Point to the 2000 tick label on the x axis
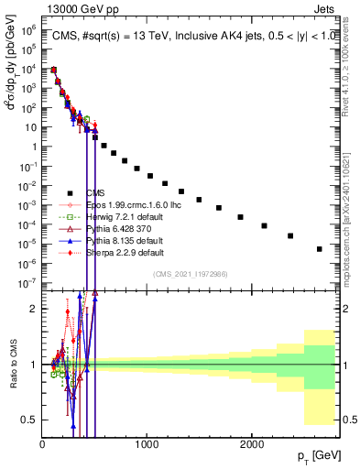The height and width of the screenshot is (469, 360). pos(252,443)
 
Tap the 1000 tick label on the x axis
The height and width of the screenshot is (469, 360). pos(147,443)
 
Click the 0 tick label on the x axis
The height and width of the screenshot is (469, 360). pos(42,443)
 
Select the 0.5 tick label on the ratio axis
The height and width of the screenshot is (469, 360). pos(30,420)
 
